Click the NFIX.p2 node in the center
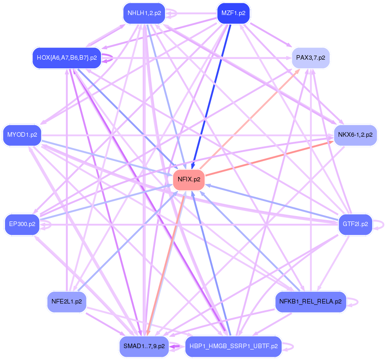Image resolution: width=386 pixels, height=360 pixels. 189,180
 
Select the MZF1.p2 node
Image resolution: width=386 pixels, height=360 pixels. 233,13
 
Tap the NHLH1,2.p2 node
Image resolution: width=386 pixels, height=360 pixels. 144,13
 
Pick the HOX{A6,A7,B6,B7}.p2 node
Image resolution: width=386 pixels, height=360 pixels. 67,58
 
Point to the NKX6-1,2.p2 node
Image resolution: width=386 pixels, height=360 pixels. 355,135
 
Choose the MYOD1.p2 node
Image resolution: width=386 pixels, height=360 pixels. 22,135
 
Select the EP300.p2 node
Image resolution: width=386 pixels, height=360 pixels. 22,224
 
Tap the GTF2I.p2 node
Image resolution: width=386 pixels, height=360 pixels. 355,224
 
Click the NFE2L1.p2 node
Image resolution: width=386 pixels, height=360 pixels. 67,301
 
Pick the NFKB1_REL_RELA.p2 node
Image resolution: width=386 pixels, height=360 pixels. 311,301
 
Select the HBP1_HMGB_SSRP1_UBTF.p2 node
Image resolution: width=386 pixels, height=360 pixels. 233,346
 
